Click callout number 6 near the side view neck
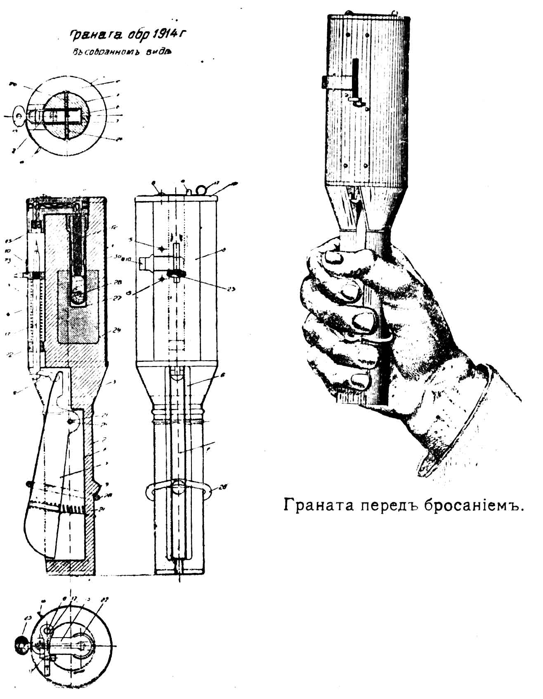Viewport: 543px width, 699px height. pos(222,375)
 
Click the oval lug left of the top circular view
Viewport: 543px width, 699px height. pos(18,115)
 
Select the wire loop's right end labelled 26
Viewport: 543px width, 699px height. pos(212,490)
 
